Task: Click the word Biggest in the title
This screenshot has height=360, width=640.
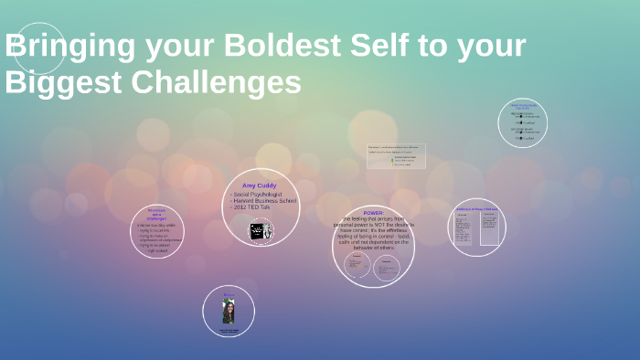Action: point(50,82)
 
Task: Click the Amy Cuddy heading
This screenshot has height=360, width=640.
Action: point(260,185)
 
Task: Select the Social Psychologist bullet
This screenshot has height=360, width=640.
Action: point(259,195)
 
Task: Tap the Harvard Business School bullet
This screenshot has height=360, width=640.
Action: point(264,201)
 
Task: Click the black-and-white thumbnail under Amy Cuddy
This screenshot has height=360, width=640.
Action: point(261,231)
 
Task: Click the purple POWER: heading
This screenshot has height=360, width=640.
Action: point(373,212)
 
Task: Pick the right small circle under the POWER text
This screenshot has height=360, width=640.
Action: point(387,266)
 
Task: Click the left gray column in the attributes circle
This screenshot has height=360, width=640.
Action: point(463,228)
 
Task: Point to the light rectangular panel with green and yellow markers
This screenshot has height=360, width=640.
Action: point(396,156)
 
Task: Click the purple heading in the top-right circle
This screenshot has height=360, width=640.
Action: point(524,107)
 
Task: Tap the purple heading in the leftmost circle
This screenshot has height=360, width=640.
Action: point(156,214)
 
